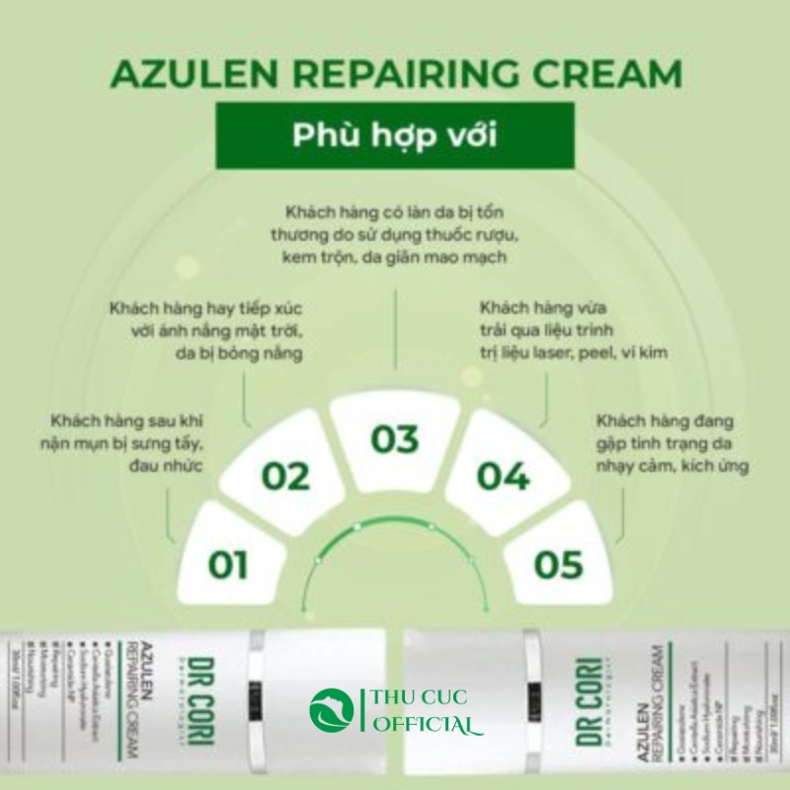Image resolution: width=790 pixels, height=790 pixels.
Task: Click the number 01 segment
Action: [228, 564]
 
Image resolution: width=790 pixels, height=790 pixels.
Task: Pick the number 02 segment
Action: [285, 475]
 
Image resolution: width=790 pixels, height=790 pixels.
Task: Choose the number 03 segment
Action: [395, 438]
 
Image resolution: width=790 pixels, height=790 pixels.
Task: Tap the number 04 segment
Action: [504, 475]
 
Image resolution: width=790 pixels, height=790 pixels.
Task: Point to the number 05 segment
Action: [559, 564]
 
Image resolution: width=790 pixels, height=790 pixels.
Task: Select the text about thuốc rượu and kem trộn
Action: [395, 235]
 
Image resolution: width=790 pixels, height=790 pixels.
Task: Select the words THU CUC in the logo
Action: [416, 698]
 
